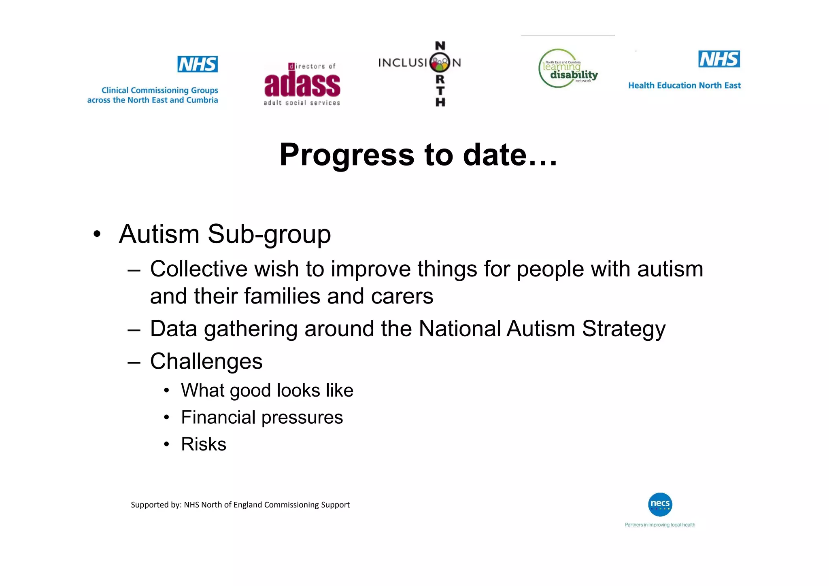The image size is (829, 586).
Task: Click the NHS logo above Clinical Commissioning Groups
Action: click(x=198, y=64)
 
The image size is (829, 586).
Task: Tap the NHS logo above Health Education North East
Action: click(x=719, y=59)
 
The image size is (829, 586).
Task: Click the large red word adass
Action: click(x=302, y=85)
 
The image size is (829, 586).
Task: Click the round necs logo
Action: click(x=660, y=504)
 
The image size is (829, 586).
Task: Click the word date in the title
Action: click(x=495, y=155)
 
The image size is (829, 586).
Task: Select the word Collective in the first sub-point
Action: click(x=198, y=269)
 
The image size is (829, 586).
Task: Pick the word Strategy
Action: click(x=623, y=329)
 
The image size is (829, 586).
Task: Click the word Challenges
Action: click(x=206, y=361)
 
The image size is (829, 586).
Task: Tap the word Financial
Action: click(x=218, y=417)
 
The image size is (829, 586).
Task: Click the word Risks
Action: click(x=204, y=444)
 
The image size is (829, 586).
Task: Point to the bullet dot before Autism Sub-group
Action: click(x=96, y=234)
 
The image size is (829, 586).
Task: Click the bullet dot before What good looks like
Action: click(x=166, y=391)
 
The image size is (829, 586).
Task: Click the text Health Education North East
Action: click(x=684, y=85)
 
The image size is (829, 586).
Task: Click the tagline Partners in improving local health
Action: click(x=660, y=525)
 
